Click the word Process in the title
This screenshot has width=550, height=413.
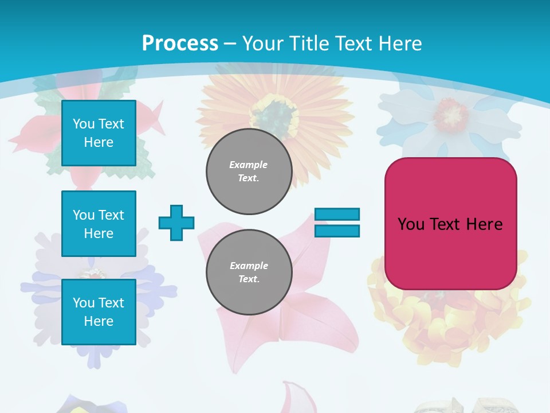[180, 43]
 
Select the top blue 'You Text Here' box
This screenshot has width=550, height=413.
[99, 133]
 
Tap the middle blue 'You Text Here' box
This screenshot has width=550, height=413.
[99, 224]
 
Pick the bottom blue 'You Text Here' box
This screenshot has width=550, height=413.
[99, 312]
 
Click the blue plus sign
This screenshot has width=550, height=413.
[176, 223]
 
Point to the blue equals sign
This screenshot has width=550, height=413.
[337, 223]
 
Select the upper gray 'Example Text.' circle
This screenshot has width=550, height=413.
[249, 171]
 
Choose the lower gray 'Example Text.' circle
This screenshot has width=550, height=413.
[249, 272]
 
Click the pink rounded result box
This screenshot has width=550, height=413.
[450, 224]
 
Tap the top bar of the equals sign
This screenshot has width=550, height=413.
[337, 215]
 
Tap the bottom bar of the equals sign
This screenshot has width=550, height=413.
[337, 231]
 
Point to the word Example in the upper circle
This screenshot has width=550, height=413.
[249, 165]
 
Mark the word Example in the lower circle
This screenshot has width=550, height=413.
[249, 266]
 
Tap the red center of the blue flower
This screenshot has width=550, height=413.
[450, 113]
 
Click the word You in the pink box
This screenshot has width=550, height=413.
[411, 224]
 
